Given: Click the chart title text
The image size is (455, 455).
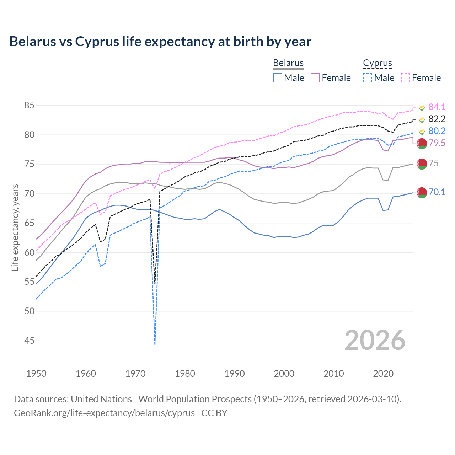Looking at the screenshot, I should point(160,42).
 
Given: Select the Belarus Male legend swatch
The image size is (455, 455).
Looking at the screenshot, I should point(278,78).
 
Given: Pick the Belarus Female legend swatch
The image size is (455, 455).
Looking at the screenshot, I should point(315,78).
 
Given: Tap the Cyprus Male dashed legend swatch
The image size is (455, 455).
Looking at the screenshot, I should point(368,78).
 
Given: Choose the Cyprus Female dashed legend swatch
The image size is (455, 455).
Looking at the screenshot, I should point(406,78).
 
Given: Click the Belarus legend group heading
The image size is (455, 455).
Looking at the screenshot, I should point(288,63).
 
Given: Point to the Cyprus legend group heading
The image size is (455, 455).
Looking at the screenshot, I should point(377,63).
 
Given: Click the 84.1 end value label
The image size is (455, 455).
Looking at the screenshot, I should point(437,107).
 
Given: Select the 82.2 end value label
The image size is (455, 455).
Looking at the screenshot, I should point(437,119).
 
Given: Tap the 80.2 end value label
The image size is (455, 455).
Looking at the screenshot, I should point(437,131).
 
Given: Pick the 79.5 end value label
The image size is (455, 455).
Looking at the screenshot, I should point(437,143).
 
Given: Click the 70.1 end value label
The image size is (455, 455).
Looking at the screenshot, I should point(437,192).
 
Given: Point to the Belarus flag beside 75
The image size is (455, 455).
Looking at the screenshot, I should point(422,164).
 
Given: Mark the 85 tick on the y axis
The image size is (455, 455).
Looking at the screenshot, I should point(30,106).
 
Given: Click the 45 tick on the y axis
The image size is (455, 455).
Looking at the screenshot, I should point(30,341).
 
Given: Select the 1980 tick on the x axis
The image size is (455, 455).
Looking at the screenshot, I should point(185,374).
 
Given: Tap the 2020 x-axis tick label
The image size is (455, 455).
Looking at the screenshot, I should point(383,374).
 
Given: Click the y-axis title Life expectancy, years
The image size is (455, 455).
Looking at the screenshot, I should point(15,227).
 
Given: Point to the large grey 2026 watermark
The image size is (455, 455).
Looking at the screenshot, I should point(375,340).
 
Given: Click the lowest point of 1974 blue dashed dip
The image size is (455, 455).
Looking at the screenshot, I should point(155,344).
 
